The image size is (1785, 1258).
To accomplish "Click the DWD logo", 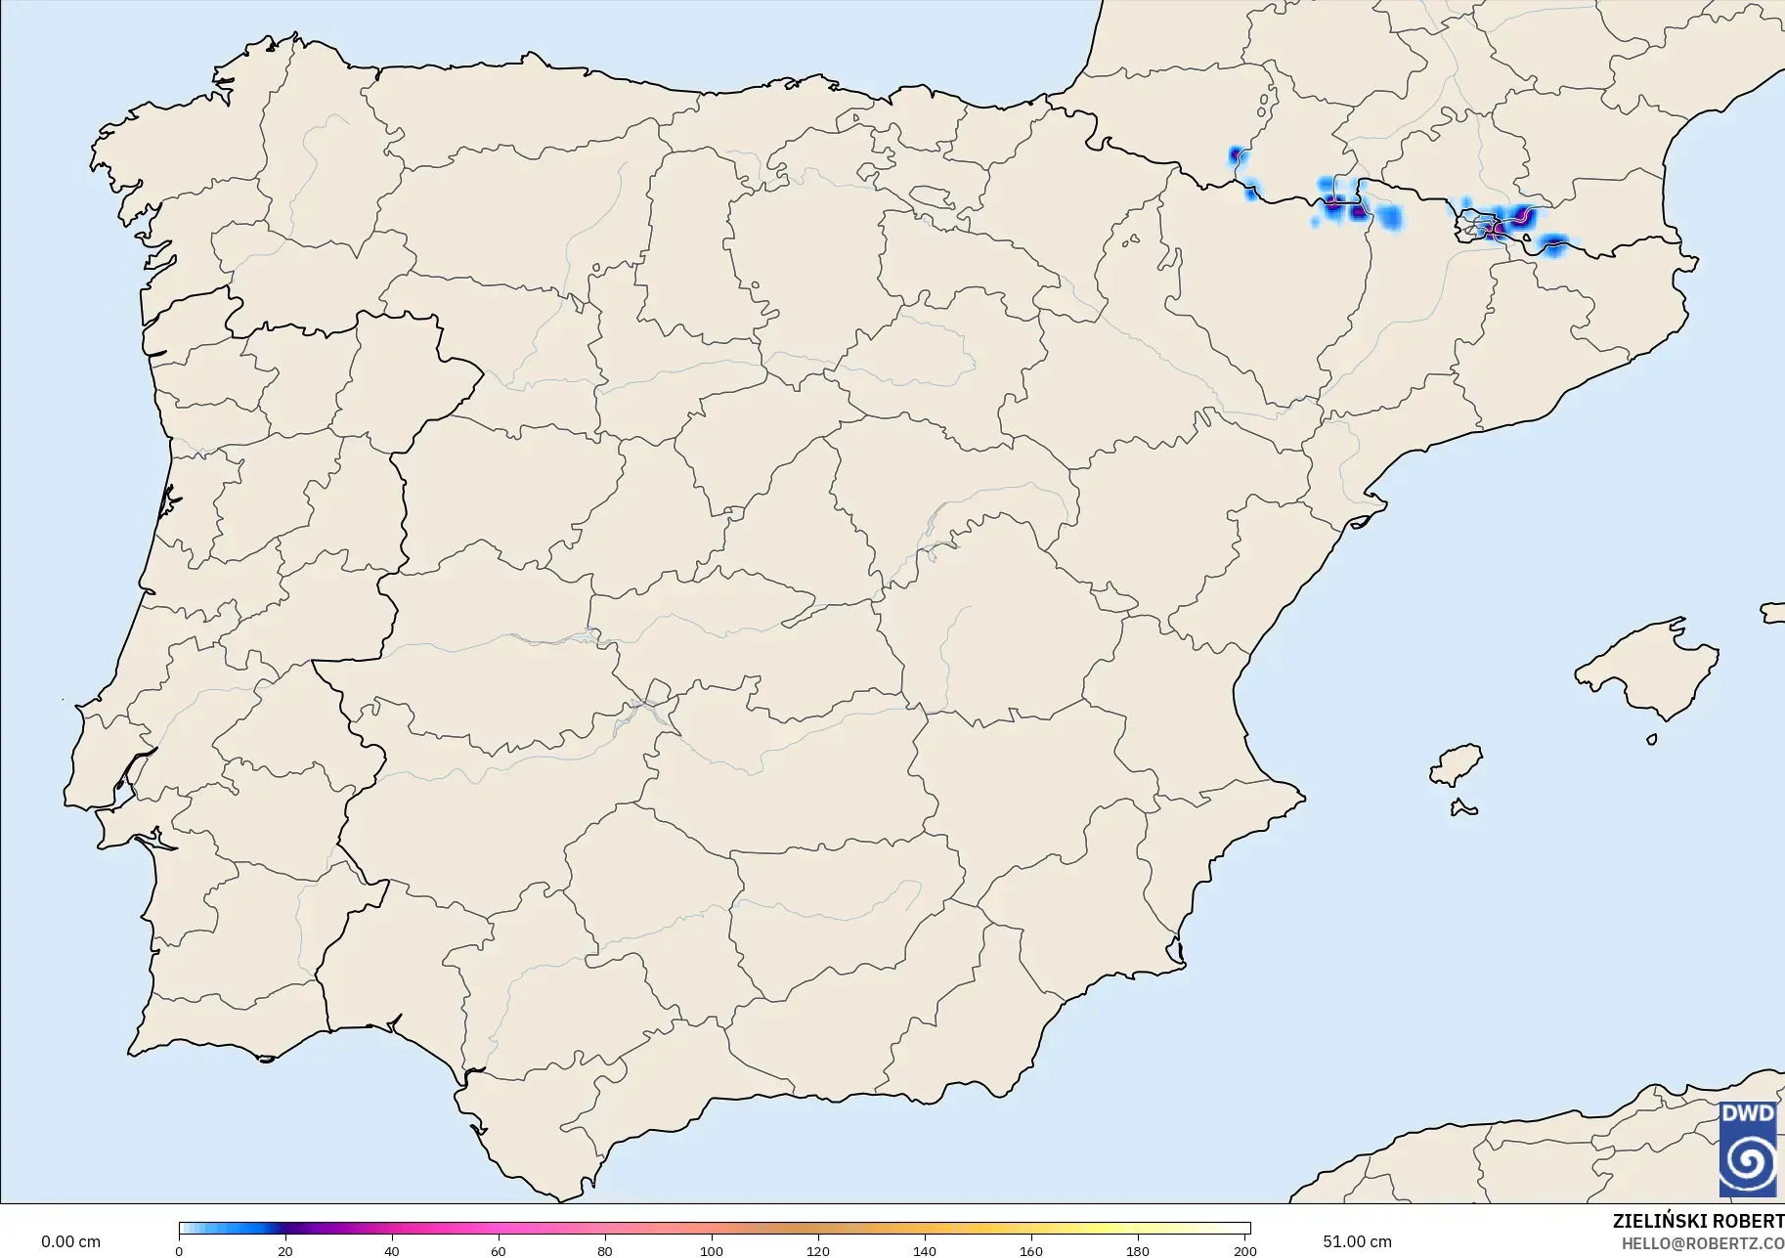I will click(1748, 1149).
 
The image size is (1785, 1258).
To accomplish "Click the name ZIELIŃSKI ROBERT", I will click(1698, 1222).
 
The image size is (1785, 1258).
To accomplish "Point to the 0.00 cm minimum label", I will click(70, 1242).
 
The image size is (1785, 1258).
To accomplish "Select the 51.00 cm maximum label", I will click(1357, 1242).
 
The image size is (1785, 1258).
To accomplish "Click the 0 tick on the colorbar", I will click(179, 1250).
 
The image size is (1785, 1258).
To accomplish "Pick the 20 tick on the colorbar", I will click(285, 1250).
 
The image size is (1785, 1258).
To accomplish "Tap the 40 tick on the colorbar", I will click(392, 1250).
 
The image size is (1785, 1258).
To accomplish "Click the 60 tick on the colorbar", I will click(499, 1250).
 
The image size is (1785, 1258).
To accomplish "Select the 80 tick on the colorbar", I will click(605, 1250).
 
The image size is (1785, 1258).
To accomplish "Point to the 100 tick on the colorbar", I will click(712, 1250).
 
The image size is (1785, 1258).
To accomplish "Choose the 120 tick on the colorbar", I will click(818, 1250).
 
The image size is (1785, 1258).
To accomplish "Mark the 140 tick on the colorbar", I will click(925, 1250).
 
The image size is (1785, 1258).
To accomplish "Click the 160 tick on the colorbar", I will click(1031, 1250).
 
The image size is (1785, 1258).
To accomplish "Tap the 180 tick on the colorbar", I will click(1138, 1250).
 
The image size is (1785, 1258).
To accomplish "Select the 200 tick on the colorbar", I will click(1244, 1250).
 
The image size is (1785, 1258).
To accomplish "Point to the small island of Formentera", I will click(1463, 807).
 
